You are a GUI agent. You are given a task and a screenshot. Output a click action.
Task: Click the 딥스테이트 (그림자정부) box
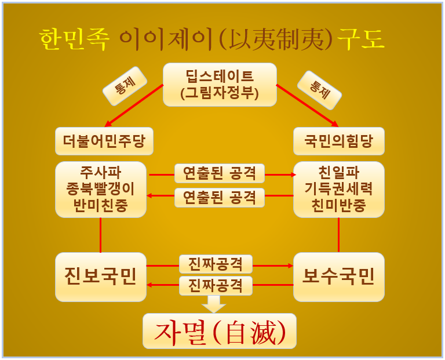point(219,84)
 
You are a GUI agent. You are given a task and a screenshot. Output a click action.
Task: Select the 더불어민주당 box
point(104,141)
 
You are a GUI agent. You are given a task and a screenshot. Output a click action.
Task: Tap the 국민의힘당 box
point(339,141)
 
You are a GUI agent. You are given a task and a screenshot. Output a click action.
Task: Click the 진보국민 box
point(101,277)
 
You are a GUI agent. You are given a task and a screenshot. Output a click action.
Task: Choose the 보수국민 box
point(339,277)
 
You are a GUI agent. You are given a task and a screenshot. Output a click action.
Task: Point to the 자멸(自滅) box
point(219,330)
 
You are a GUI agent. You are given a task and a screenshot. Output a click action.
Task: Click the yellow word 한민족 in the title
point(74,40)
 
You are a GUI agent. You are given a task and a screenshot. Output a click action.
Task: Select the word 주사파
point(101,173)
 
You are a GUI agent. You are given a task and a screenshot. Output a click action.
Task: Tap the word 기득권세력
point(338,189)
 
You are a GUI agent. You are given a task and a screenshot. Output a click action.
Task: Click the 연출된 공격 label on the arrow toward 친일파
point(220,173)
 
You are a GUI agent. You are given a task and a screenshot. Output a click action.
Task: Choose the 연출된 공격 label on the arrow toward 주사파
point(220,197)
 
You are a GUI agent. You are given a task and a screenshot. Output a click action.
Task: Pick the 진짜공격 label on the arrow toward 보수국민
point(216,264)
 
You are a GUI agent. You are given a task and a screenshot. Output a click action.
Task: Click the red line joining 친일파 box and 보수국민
point(338,235)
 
